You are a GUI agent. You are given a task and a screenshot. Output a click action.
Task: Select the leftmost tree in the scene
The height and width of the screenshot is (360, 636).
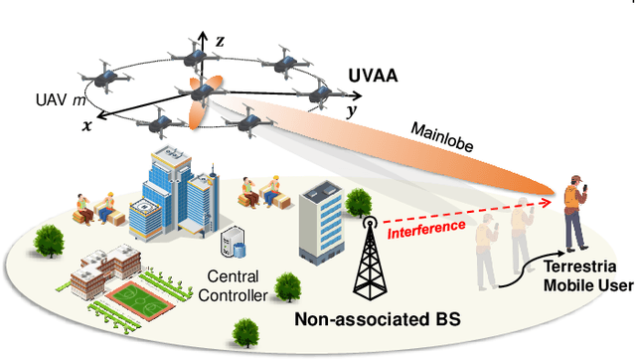point(47,240)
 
